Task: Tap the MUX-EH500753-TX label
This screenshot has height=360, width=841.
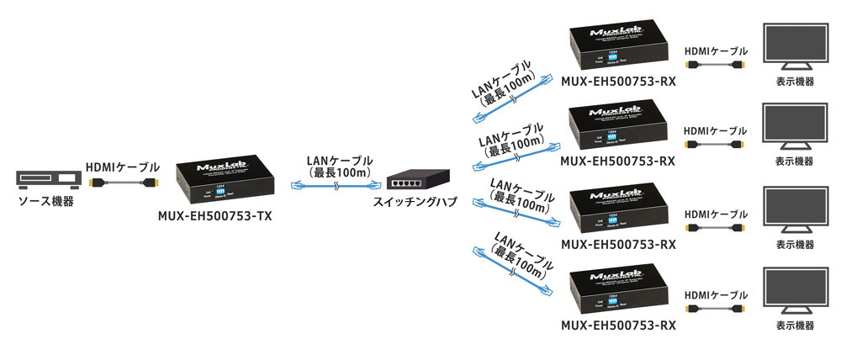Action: point(214,215)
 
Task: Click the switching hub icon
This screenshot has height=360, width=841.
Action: point(417,180)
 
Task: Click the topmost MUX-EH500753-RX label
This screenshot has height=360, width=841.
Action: point(618,81)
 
